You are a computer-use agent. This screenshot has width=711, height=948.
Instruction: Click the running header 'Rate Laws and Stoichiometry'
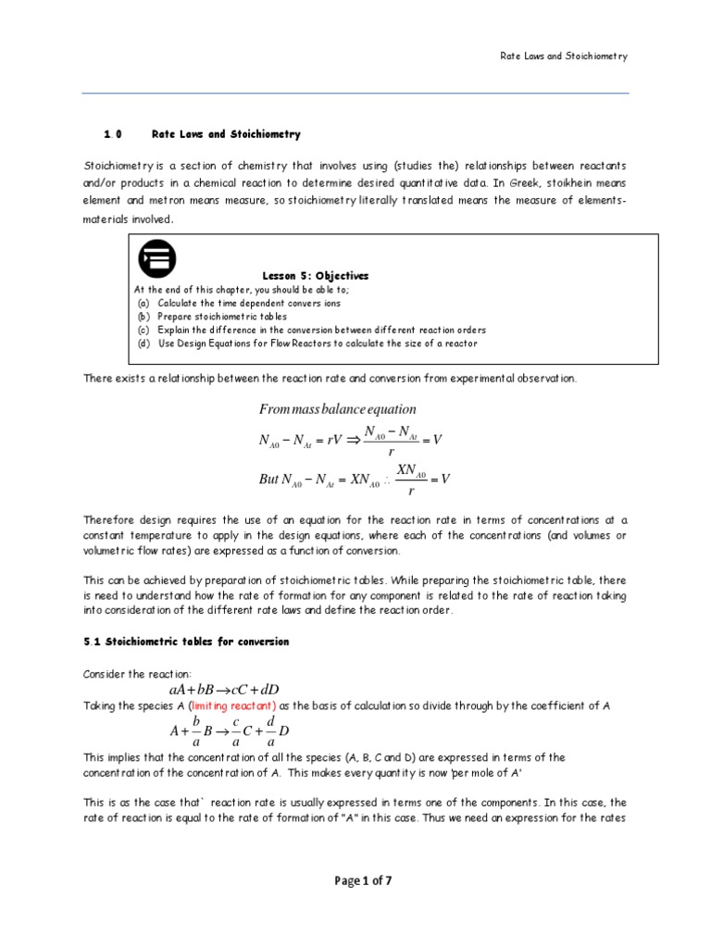(558, 56)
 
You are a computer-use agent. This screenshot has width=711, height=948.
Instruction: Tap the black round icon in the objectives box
(156, 258)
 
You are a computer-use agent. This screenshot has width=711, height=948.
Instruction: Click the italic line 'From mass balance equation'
(337, 409)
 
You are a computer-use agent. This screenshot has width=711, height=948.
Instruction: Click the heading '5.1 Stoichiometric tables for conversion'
(186, 642)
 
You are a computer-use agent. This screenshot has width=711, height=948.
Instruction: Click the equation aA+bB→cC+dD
(224, 690)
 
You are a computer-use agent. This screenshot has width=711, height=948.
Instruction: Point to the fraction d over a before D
(270, 730)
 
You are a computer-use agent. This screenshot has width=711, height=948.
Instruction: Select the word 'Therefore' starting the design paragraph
(111, 519)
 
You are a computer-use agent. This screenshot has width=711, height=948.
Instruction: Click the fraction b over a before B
(196, 730)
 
